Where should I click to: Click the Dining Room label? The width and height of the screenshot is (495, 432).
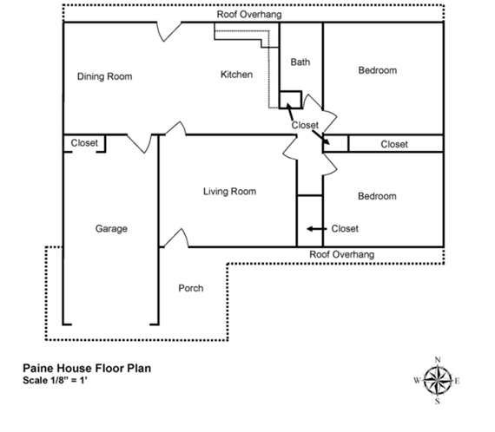point(104,76)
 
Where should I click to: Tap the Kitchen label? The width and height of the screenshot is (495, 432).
point(236,75)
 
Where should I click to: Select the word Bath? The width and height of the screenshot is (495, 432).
point(300,62)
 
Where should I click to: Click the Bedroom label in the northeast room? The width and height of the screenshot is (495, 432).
point(377,70)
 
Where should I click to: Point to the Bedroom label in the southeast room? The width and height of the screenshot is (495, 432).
point(377,196)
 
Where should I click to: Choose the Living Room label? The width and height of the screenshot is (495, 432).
point(229,192)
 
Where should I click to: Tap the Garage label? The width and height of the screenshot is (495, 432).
point(111,229)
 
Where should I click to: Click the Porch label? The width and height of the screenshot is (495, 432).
point(190,288)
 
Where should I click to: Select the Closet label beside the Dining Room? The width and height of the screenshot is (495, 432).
point(84,143)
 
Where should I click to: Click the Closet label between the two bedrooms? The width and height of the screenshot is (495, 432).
point(394,144)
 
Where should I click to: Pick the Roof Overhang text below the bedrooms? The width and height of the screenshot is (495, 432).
point(342,254)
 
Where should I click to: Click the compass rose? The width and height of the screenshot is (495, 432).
point(438,380)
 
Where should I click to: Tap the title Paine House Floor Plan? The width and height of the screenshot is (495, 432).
point(88,368)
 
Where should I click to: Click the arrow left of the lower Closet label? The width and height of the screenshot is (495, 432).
point(313,229)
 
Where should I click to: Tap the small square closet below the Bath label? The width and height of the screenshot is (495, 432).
point(290,98)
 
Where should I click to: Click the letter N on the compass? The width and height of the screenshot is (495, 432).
point(438,360)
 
